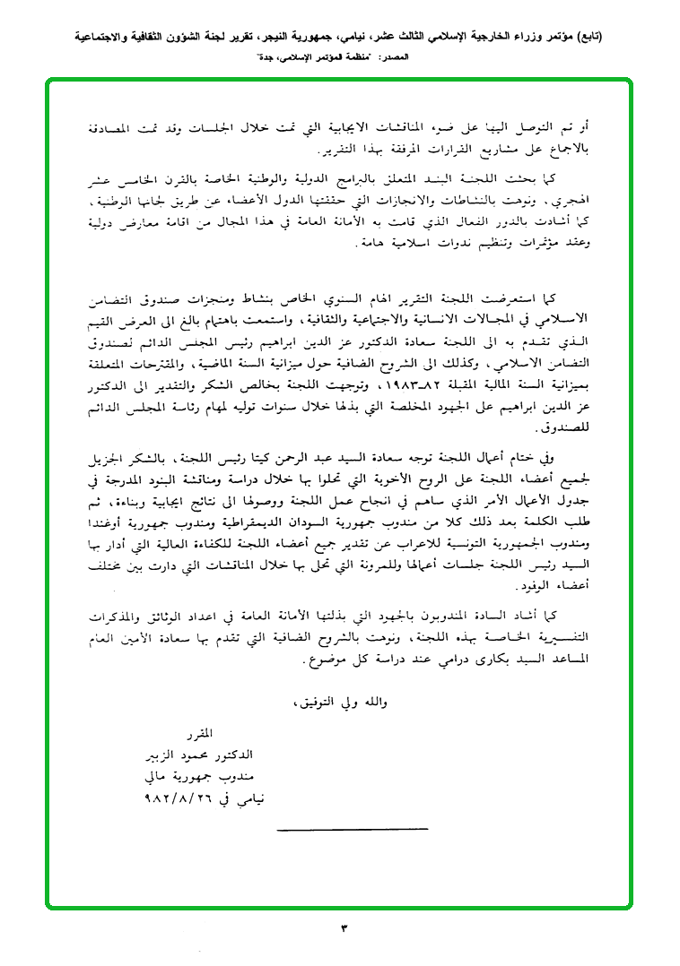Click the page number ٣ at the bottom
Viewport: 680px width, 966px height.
[x=343, y=927]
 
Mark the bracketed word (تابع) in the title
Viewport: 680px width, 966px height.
[x=586, y=38]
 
